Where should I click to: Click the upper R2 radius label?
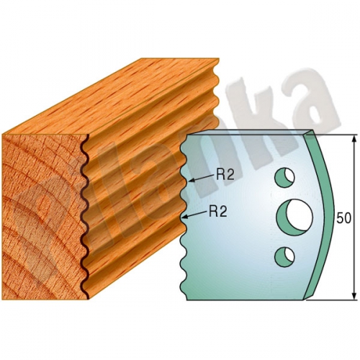coord(225,175)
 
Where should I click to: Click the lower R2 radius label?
coord(218,212)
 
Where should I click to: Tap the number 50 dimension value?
coord(343,218)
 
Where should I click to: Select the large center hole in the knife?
coord(295,218)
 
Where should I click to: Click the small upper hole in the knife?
coord(284,178)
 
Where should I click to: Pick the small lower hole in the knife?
coord(284,257)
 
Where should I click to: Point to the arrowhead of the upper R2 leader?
coord(191,180)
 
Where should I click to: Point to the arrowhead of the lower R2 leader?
coord(185,217)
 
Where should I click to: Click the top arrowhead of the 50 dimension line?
coord(354,139)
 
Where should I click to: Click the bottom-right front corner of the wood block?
coord(89,299)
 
